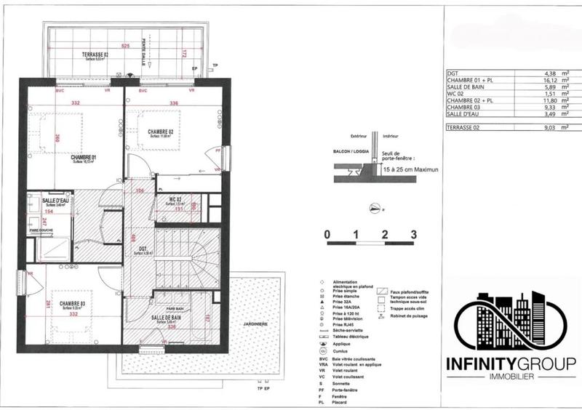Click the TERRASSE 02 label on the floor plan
pos(95,55)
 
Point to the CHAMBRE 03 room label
pos(73,304)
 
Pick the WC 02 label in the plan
pos(173,200)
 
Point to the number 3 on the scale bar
pos(413,235)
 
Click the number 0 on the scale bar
pos(328,235)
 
